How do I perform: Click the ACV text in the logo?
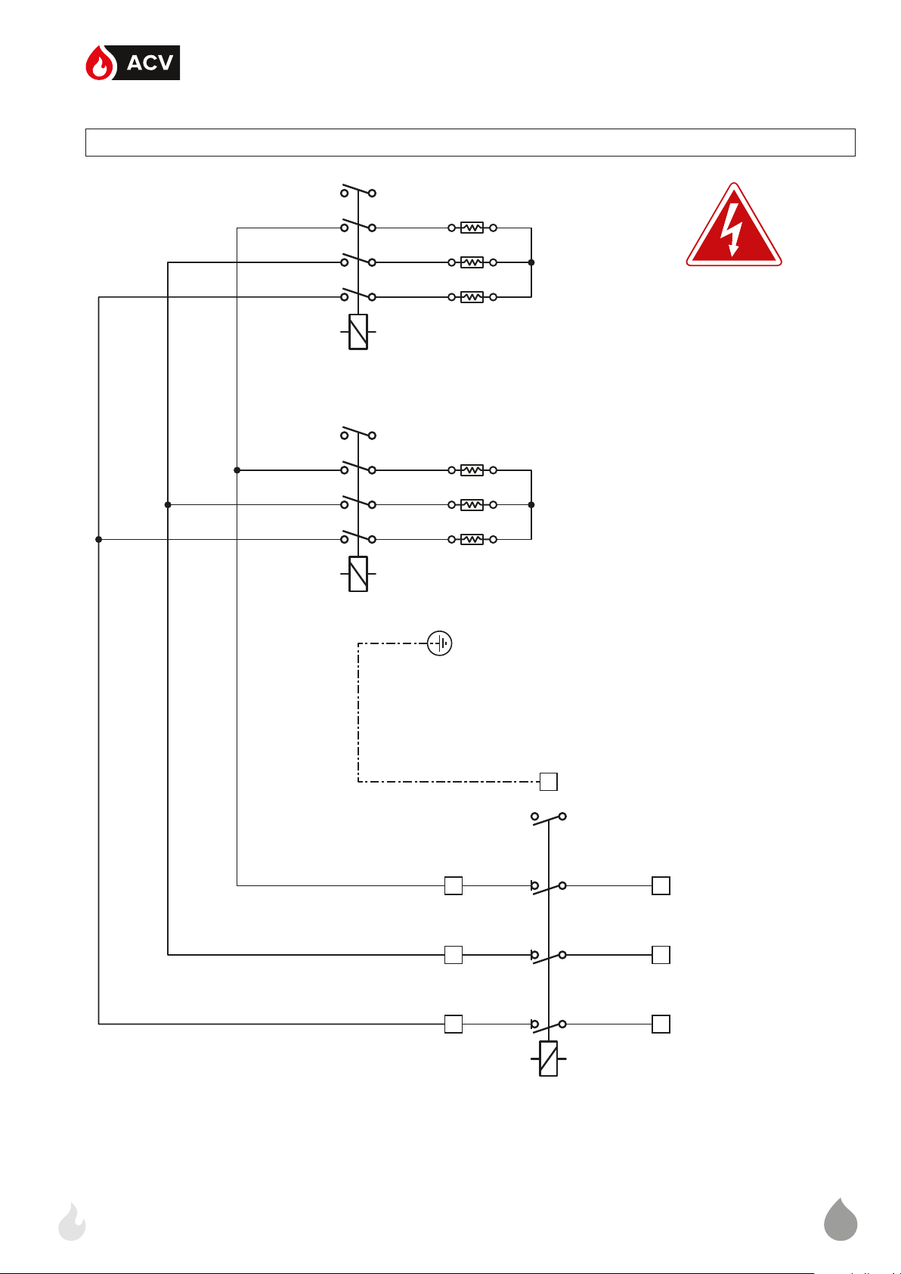pos(150,63)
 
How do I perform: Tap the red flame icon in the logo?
pos(98,64)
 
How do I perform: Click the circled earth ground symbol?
pos(440,643)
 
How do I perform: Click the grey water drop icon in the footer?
pos(841,1220)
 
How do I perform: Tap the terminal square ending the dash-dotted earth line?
pos(549,781)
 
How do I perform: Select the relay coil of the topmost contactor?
pos(358,332)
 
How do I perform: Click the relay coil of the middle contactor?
pos(358,574)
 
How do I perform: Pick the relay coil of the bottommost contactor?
pos(549,1059)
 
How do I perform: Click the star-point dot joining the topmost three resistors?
pos(531,262)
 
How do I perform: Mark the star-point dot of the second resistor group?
pos(531,504)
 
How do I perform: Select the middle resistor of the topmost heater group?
pos(472,262)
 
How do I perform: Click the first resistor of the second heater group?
pos(472,470)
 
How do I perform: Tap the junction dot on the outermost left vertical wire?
pos(98,539)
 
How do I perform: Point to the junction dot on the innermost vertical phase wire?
pos(237,470)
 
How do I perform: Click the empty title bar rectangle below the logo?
pos(470,142)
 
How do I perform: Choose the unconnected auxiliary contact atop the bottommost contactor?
pos(549,817)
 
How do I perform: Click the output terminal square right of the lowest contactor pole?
pos(661,1024)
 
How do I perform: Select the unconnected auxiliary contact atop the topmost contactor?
pos(358,191)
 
